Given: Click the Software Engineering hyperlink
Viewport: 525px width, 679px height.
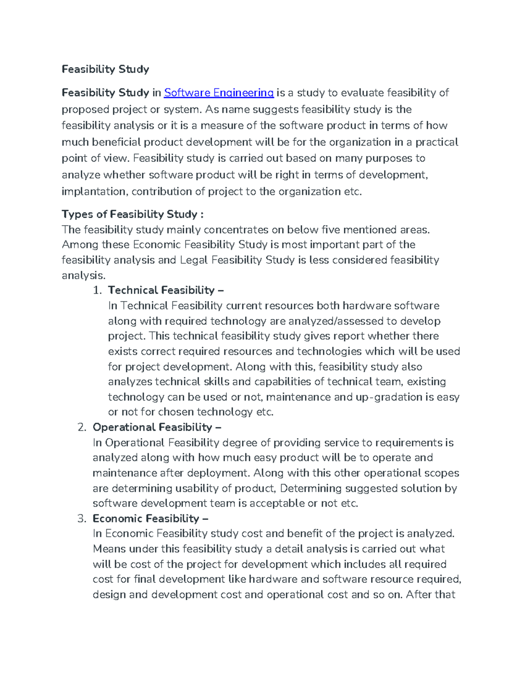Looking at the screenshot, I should pyautogui.click(x=219, y=93).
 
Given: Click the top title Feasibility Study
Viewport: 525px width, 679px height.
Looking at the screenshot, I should pyautogui.click(x=105, y=69).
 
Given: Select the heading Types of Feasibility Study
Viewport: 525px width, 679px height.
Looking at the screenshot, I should pyautogui.click(x=133, y=214).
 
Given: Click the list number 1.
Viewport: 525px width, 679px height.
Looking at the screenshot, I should pyautogui.click(x=97, y=290).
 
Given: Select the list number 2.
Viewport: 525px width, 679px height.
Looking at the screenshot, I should pyautogui.click(x=82, y=427).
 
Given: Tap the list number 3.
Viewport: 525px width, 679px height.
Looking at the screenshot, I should pyautogui.click(x=82, y=519).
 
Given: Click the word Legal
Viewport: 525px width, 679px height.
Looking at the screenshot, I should pyautogui.click(x=194, y=260).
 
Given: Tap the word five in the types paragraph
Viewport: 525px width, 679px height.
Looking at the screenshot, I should pyautogui.click(x=330, y=230).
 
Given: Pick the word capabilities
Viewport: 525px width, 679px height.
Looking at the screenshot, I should pyautogui.click(x=283, y=382).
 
